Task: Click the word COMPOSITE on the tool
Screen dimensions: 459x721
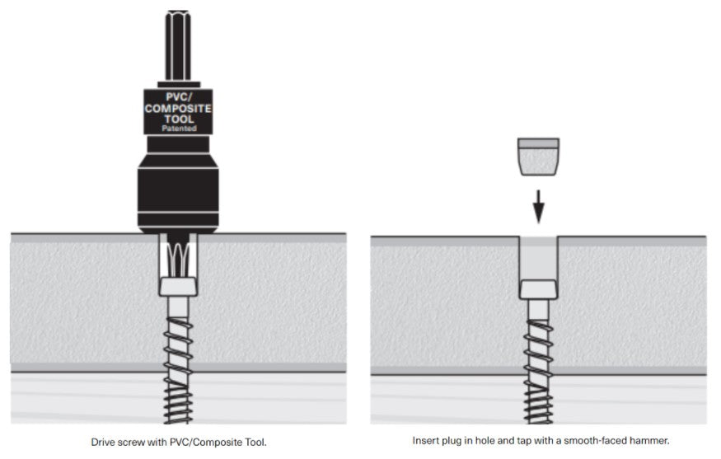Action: [178, 107]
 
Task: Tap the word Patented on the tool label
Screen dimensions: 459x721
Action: [178, 128]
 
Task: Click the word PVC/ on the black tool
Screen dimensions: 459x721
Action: [178, 97]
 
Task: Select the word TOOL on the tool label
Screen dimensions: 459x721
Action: [178, 118]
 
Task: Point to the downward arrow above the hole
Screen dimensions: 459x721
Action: [538, 205]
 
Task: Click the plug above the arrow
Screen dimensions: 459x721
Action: [538, 156]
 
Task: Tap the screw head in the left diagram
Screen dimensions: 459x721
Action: [178, 287]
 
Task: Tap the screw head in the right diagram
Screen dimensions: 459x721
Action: [538, 288]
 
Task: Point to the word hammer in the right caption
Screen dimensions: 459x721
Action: [651, 441]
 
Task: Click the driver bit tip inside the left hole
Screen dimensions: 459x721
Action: [178, 255]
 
